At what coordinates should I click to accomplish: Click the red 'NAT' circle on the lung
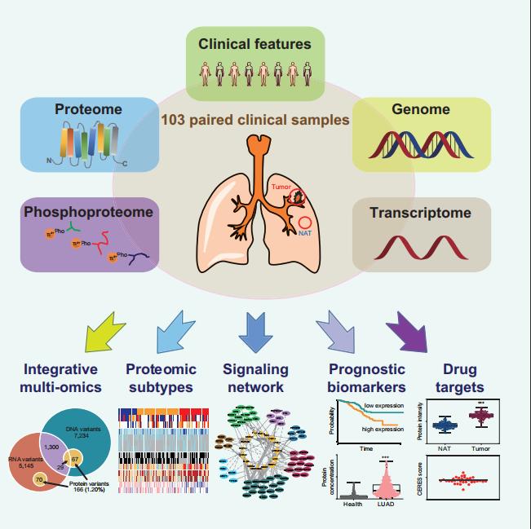[x=306, y=223]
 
